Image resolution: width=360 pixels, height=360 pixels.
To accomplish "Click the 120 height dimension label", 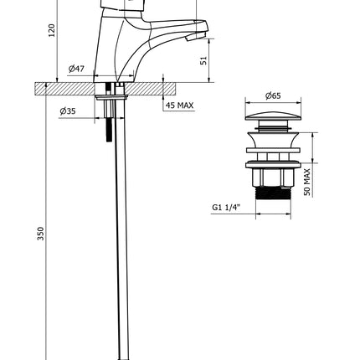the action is [x=52, y=30].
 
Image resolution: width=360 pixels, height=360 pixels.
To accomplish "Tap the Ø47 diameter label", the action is [x=76, y=69].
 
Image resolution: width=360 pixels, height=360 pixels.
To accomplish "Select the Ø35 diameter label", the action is [x=68, y=111].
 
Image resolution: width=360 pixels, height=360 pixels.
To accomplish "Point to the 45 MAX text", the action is [x=179, y=105].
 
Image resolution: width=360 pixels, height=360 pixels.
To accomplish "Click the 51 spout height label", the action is [x=204, y=60].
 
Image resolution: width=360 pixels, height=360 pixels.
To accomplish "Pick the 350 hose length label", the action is [x=41, y=234].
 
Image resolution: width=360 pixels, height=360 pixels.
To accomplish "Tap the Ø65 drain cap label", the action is [x=273, y=95].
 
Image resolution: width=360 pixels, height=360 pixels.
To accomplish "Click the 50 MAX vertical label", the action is [x=306, y=182].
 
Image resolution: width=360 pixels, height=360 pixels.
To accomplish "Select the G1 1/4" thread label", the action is [x=226, y=207].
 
